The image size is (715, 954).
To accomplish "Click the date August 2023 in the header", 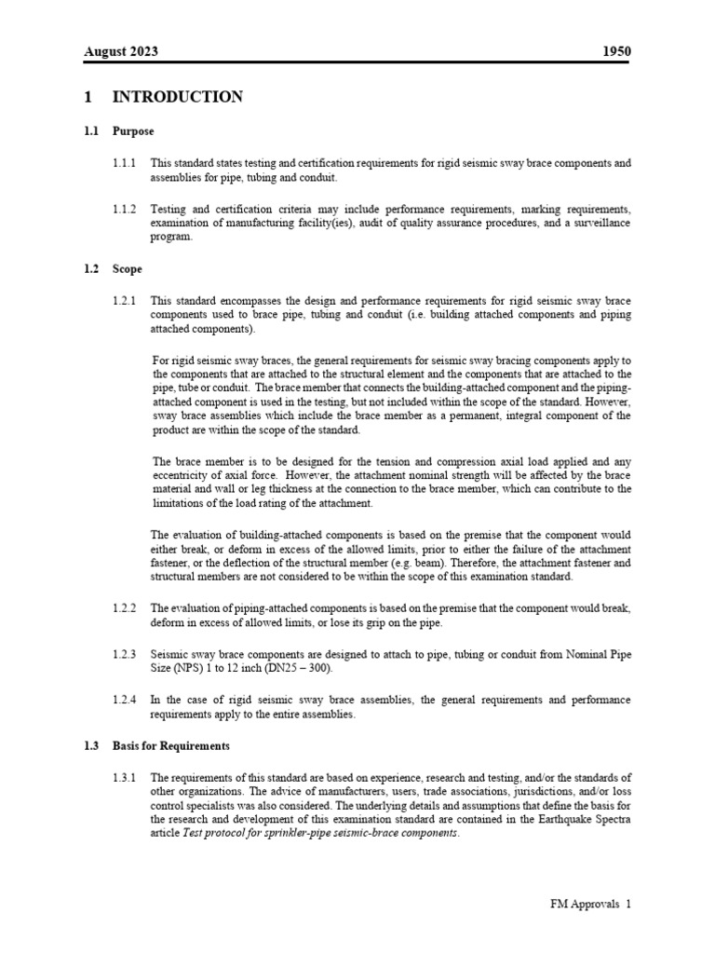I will [121, 51].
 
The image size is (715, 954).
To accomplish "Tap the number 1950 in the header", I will [616, 51].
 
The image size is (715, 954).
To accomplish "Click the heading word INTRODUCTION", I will [178, 97].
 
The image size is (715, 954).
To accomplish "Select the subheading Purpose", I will [133, 131].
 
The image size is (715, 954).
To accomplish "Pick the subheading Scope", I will [128, 269].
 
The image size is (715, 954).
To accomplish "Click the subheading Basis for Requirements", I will [171, 746].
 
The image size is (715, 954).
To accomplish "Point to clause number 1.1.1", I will [124, 163].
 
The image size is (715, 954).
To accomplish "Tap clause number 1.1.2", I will [124, 209].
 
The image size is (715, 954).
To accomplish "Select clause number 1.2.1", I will [124, 301].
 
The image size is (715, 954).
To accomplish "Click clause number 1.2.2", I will [124, 608].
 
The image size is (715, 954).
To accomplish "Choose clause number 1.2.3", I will [124, 654].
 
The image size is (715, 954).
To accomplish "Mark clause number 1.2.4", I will [124, 700].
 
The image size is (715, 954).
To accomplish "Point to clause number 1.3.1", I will [124, 778].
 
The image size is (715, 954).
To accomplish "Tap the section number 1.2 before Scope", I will [91, 269].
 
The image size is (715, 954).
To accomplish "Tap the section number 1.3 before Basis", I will [91, 746].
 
